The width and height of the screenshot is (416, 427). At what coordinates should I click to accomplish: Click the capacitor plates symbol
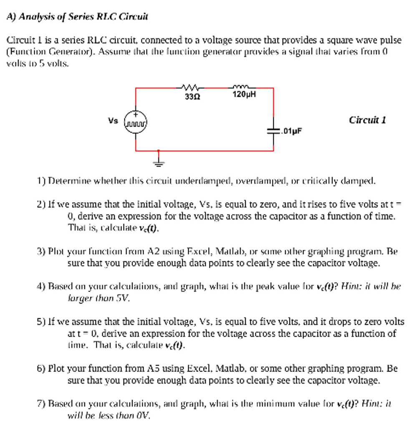point(274,130)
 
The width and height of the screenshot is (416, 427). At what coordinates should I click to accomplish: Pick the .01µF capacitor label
point(291,131)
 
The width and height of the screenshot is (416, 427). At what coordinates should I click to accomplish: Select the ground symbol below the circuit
point(158,162)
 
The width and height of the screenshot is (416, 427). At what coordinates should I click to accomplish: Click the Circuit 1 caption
point(367,120)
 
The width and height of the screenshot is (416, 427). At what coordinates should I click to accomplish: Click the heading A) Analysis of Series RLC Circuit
point(78,17)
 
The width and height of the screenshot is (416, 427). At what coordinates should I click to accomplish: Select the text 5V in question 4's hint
point(124,298)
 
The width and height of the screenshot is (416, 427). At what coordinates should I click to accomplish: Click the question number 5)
point(41,322)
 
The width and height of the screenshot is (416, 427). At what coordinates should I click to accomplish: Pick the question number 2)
point(41,204)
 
